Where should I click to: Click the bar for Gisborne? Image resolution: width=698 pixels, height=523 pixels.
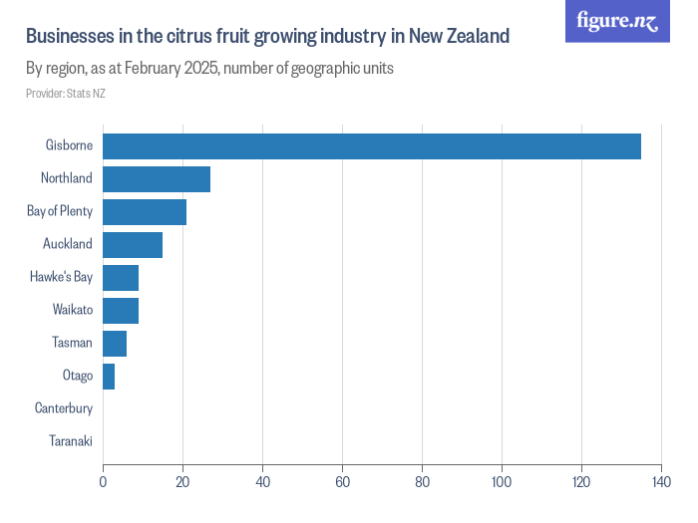(371, 145)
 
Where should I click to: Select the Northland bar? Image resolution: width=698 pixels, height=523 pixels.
(157, 178)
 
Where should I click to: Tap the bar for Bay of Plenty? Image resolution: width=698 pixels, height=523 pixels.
(145, 211)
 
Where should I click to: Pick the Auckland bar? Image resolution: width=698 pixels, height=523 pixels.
(133, 244)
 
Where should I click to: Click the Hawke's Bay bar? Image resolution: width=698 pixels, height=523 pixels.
(121, 277)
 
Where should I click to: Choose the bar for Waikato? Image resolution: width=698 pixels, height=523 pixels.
(121, 310)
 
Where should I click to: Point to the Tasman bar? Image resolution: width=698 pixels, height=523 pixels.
(115, 343)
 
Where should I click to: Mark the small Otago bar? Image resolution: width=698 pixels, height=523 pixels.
(109, 376)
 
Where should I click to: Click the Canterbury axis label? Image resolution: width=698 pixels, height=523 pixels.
(64, 408)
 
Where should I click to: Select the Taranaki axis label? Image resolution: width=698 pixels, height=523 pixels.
(70, 441)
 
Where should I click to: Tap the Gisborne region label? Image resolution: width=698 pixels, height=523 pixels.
(69, 145)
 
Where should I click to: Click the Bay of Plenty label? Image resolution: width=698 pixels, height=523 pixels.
(60, 211)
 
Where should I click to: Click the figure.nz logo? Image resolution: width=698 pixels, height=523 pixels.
(617, 21)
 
